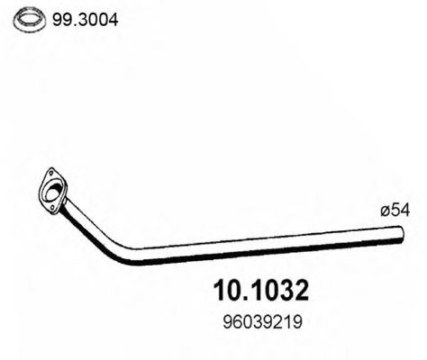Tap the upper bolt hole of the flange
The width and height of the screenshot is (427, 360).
click(46, 175)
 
